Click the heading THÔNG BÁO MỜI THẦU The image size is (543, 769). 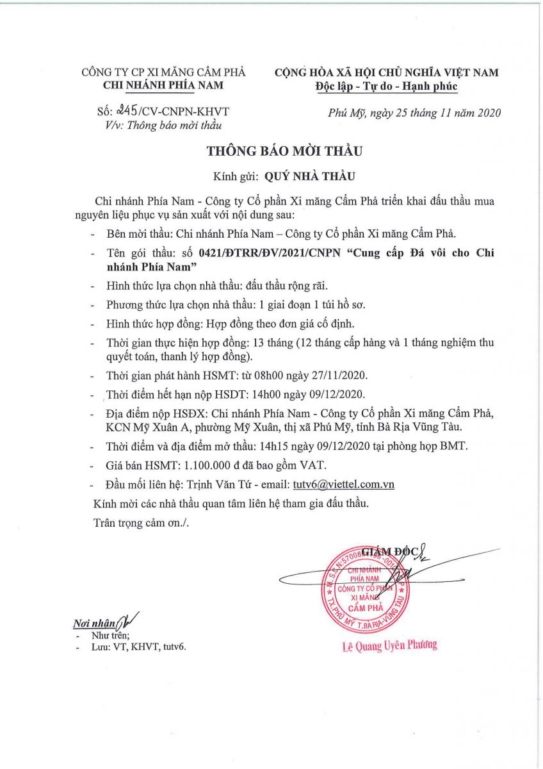284,151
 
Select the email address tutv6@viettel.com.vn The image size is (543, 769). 343,484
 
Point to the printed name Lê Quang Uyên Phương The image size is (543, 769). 389,645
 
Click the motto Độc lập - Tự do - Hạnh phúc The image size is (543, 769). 386,86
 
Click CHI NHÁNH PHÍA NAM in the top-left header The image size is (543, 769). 163,86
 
